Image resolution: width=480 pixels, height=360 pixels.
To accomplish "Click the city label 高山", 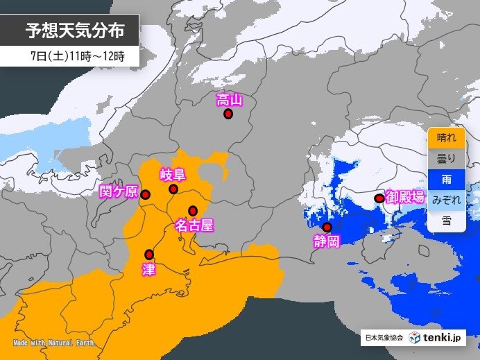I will coord(229,100).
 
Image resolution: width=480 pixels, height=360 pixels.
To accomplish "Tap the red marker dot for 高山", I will coord(228,114).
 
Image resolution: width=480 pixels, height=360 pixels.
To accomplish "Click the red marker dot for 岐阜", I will coord(173,189).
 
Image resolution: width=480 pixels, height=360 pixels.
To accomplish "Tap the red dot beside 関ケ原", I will coord(146,195).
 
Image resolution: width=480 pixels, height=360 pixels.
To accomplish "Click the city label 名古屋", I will coord(193,225).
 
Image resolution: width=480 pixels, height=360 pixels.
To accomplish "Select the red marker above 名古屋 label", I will coord(193,211).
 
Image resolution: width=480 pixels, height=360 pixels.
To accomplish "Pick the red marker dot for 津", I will coord(148,254).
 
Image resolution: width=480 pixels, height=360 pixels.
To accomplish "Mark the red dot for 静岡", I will coord(327,227).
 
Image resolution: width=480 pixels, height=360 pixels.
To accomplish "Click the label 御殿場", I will coord(404,196).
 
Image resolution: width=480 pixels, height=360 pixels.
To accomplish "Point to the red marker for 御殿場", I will coord(379,198).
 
